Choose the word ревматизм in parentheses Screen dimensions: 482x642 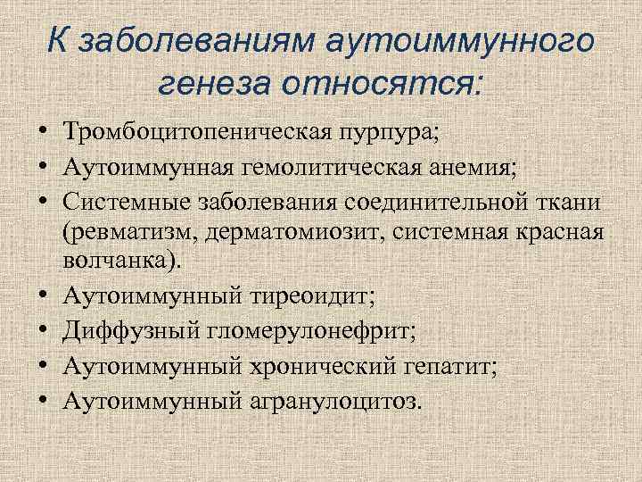coord(132,232)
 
